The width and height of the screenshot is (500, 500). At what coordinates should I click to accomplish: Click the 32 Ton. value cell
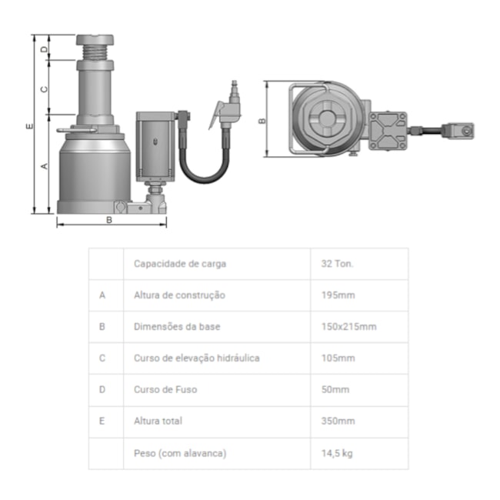(337, 264)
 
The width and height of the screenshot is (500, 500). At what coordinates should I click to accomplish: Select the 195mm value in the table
(338, 295)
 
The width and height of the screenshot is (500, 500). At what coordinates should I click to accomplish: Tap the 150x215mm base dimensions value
(349, 326)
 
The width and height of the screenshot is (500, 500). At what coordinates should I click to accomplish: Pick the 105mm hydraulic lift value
(338, 358)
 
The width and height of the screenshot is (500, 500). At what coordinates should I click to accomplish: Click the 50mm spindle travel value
(335, 389)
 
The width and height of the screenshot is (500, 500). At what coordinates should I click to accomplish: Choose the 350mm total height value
(338, 421)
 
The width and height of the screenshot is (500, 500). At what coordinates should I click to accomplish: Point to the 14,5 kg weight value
(337, 453)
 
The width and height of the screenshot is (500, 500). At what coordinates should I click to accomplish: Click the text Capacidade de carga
(180, 264)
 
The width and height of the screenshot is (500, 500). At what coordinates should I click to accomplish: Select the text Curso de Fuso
(165, 389)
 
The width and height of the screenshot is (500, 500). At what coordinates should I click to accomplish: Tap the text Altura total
(158, 421)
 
